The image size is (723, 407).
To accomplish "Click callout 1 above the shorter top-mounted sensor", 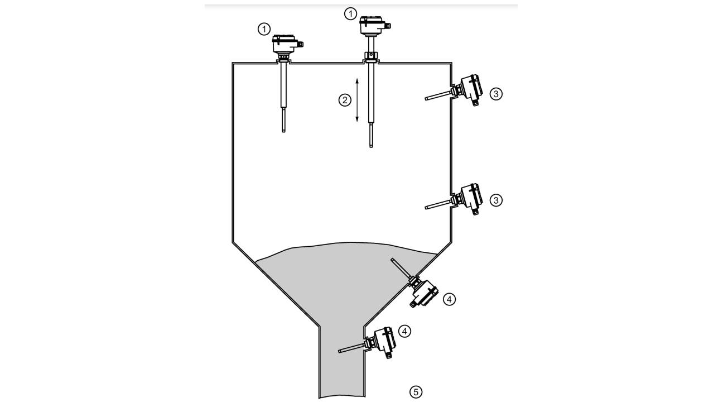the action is [264, 30].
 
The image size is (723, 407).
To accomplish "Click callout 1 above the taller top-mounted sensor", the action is [350, 14].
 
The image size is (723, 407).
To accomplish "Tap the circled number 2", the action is [345, 100].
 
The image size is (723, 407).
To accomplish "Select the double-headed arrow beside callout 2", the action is [357, 100].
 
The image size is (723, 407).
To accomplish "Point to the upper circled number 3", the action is [496, 94].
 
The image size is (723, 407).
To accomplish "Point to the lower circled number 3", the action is [496, 200].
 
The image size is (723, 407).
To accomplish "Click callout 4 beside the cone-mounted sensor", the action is [449, 299].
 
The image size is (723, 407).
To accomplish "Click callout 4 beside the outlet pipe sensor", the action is [405, 331].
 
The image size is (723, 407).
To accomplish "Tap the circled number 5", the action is [416, 392].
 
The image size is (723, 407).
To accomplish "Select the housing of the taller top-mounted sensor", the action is [374, 26].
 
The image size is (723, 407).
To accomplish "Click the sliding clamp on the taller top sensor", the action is [371, 55].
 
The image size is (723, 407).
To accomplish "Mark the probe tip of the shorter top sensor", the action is [283, 131].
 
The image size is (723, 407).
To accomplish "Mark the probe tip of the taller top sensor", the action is [371, 146].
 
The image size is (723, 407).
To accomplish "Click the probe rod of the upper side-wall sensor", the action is [438, 95].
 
